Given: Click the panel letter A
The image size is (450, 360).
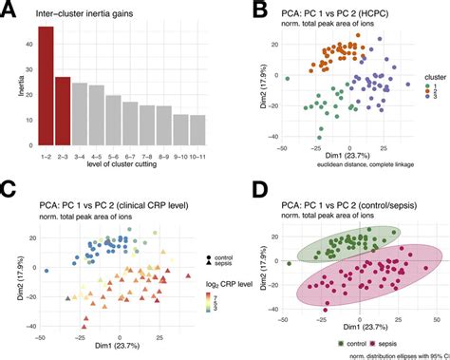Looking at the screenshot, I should (9, 9).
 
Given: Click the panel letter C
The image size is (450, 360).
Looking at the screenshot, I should (9, 189).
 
